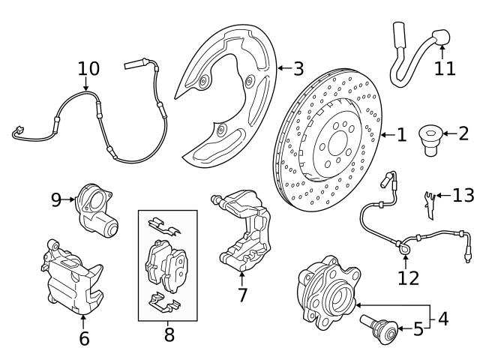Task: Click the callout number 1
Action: pyautogui.click(x=401, y=135)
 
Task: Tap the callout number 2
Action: pyautogui.click(x=463, y=135)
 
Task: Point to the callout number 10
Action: pyautogui.click(x=88, y=69)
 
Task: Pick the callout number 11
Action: pyautogui.click(x=444, y=68)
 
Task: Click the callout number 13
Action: pyautogui.click(x=463, y=196)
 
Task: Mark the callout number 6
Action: pyautogui.click(x=84, y=338)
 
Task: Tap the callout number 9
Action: pyautogui.click(x=56, y=199)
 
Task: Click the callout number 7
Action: pyautogui.click(x=242, y=295)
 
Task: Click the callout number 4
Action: pyautogui.click(x=442, y=318)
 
